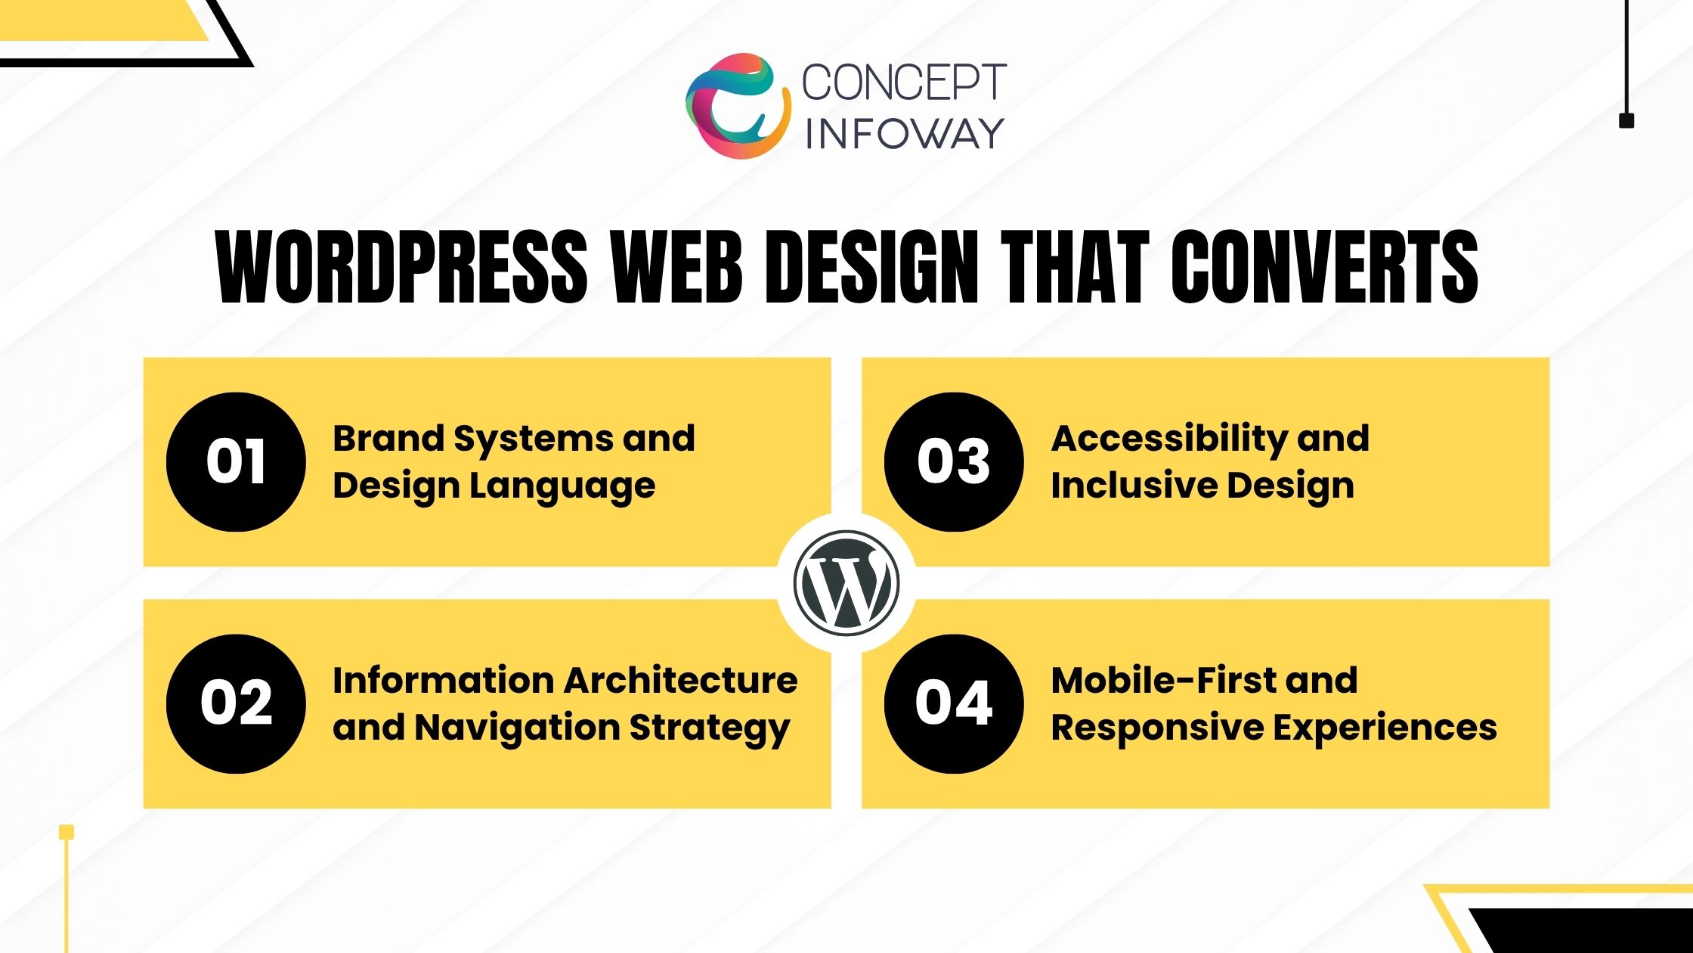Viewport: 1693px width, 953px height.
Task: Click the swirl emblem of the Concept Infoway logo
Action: [737, 106]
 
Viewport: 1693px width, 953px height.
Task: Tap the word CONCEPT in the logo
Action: [904, 82]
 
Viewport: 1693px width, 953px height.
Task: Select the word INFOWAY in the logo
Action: [904, 134]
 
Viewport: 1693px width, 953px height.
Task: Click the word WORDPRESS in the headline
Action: [401, 268]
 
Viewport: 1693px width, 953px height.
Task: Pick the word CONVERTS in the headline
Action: [1324, 268]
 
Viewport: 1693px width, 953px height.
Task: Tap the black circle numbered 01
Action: [236, 461]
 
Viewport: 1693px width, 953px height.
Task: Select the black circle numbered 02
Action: [236, 703]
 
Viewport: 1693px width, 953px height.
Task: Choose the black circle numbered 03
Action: [954, 461]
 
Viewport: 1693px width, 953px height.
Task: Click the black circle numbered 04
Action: [954, 703]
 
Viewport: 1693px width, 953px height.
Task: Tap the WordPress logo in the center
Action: [846, 583]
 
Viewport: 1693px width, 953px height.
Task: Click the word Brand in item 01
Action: [388, 438]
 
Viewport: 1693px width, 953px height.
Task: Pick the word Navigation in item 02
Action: [517, 728]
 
